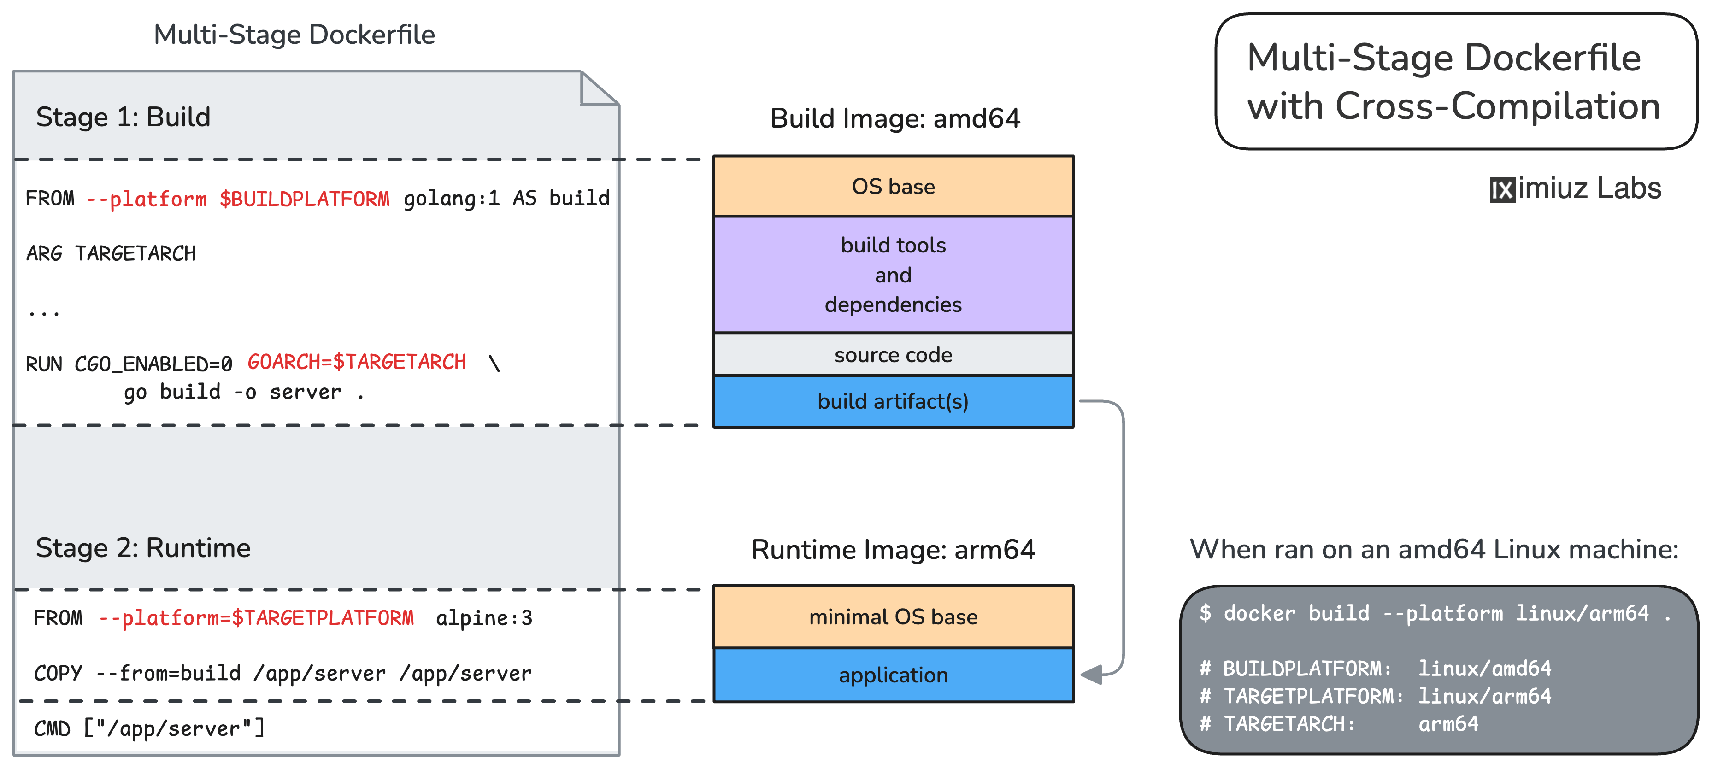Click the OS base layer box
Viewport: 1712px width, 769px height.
click(893, 186)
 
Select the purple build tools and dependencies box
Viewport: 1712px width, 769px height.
click(893, 275)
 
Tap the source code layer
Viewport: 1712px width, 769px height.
click(893, 355)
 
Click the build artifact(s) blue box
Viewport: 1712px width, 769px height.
click(893, 401)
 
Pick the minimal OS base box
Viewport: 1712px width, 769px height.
click(893, 617)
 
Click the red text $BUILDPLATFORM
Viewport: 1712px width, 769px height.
click(305, 199)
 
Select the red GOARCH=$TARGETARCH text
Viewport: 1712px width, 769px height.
click(357, 362)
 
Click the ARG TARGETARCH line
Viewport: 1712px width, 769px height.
click(111, 254)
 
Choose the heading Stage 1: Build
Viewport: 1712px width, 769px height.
click(123, 117)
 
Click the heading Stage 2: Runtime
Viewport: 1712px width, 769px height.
click(143, 548)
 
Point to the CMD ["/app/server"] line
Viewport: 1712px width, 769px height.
click(149, 728)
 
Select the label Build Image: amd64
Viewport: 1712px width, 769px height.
click(894, 118)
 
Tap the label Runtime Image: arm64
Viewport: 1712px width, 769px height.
click(893, 550)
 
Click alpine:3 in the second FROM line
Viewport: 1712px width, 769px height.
click(484, 618)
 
